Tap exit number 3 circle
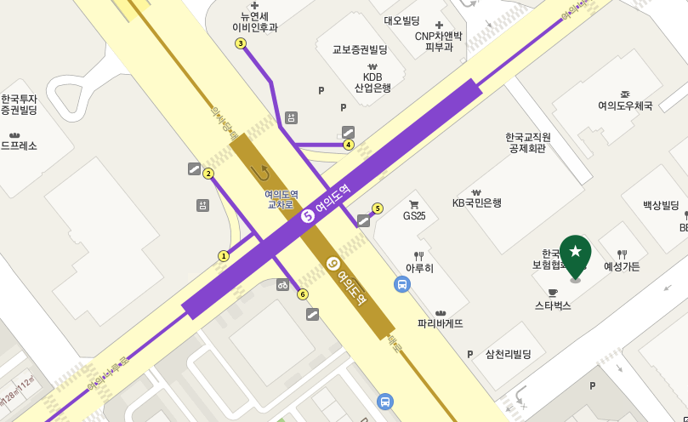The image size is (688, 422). coord(241,43)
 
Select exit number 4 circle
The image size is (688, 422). coord(349,145)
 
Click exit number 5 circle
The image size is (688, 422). coord(378,208)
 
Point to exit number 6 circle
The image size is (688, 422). coord(303,294)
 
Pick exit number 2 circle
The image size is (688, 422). coord(208,174)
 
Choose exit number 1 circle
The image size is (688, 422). coord(224,256)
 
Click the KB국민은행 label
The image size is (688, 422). coord(476,202)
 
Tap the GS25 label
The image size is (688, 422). coord(414,215)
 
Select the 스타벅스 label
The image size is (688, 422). coord(553,305)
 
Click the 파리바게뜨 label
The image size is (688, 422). coord(441,323)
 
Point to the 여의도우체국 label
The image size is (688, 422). coord(625,105)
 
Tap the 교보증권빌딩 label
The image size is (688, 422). coord(360,50)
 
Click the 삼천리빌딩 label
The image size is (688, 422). coord(508,354)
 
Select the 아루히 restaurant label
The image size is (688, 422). coord(419,268)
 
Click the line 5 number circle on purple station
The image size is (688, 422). coord(308,216)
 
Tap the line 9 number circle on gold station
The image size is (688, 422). coord(333,265)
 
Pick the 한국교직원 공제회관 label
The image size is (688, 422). coord(528,142)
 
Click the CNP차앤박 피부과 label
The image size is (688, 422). coord(439,41)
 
